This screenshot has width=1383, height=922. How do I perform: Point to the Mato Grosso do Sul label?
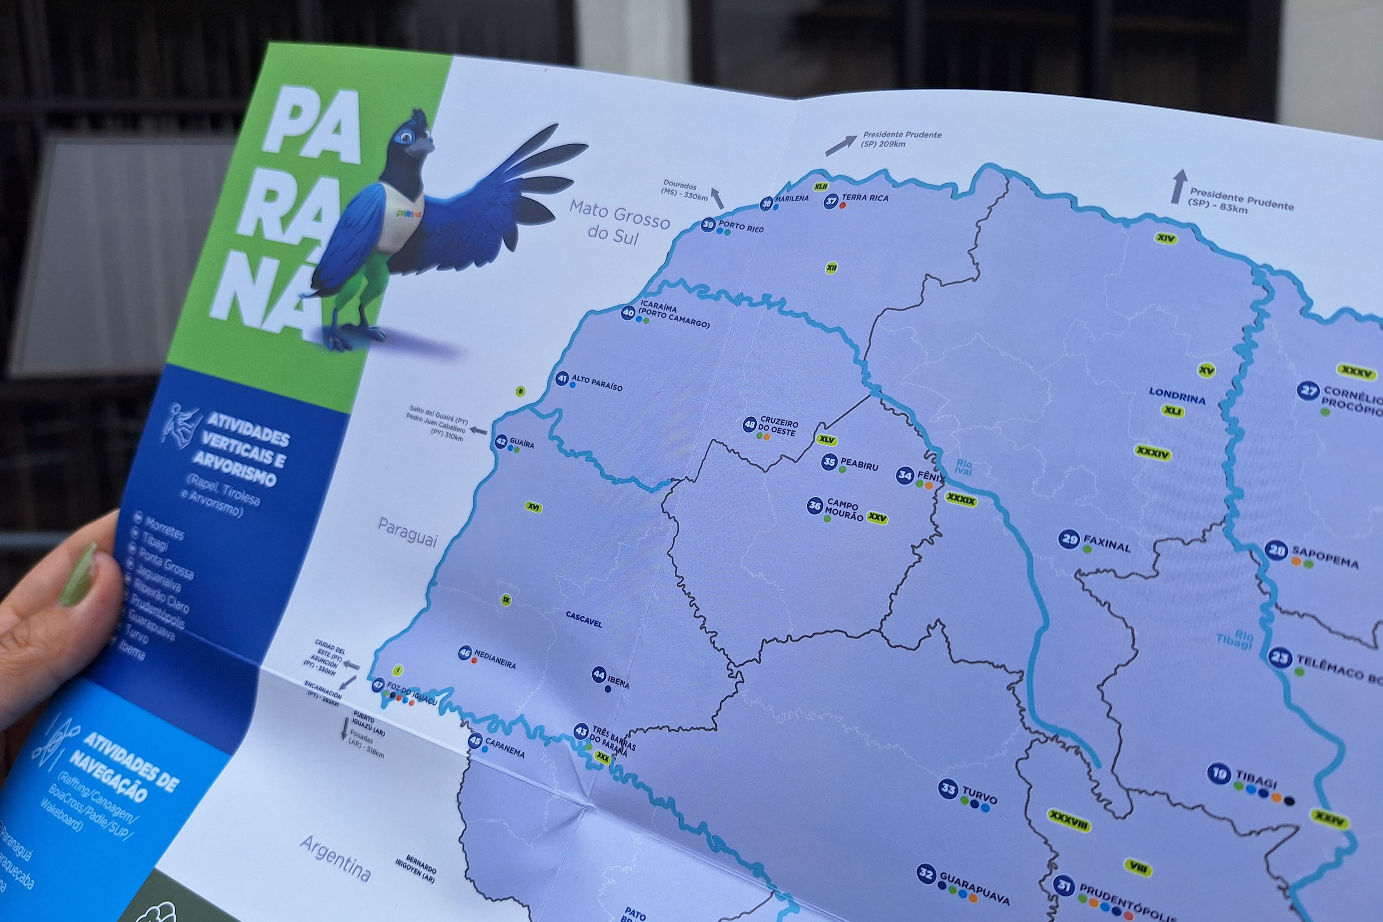tap(619, 221)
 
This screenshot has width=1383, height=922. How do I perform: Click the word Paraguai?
tap(408, 532)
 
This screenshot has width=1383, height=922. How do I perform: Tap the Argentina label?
tap(336, 858)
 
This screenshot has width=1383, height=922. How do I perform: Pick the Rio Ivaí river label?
tap(963, 467)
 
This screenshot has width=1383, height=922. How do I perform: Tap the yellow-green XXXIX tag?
tap(961, 500)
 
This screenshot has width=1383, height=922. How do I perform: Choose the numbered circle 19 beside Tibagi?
tap(1218, 773)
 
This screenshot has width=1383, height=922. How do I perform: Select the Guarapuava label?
tap(974, 888)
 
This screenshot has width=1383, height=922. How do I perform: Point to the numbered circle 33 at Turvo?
tap(948, 788)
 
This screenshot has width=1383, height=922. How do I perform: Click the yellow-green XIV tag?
tap(1165, 238)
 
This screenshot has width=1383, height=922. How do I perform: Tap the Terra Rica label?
tap(864, 198)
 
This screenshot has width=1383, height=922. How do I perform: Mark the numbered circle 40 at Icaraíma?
tap(628, 312)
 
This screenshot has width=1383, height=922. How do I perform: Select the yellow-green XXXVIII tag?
tap(1069, 820)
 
